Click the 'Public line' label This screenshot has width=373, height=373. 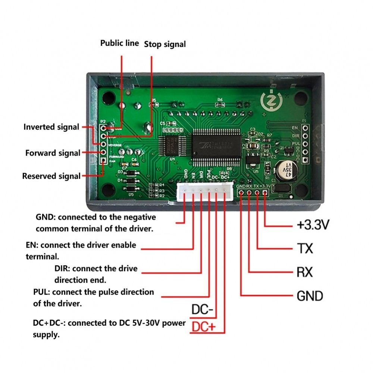coord(119,43)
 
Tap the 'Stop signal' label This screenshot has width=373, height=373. coord(165,44)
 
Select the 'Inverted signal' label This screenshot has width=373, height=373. coord(51,127)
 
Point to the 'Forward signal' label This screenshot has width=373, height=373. coord(53,153)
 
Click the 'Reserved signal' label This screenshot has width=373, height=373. coord(51,176)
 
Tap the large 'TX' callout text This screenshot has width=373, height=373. coord(305,248)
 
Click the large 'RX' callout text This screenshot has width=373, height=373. coord(305,272)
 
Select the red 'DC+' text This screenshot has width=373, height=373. coord(203,327)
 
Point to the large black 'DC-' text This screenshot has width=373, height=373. coord(202,310)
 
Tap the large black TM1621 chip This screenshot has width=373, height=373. coord(216,146)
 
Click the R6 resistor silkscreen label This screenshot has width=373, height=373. coord(220,100)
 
